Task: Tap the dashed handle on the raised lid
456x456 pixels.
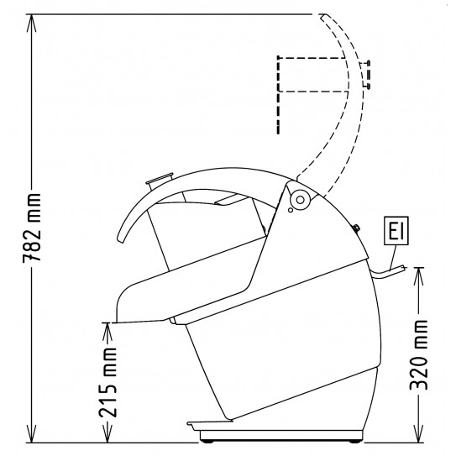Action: pos(365,74)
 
